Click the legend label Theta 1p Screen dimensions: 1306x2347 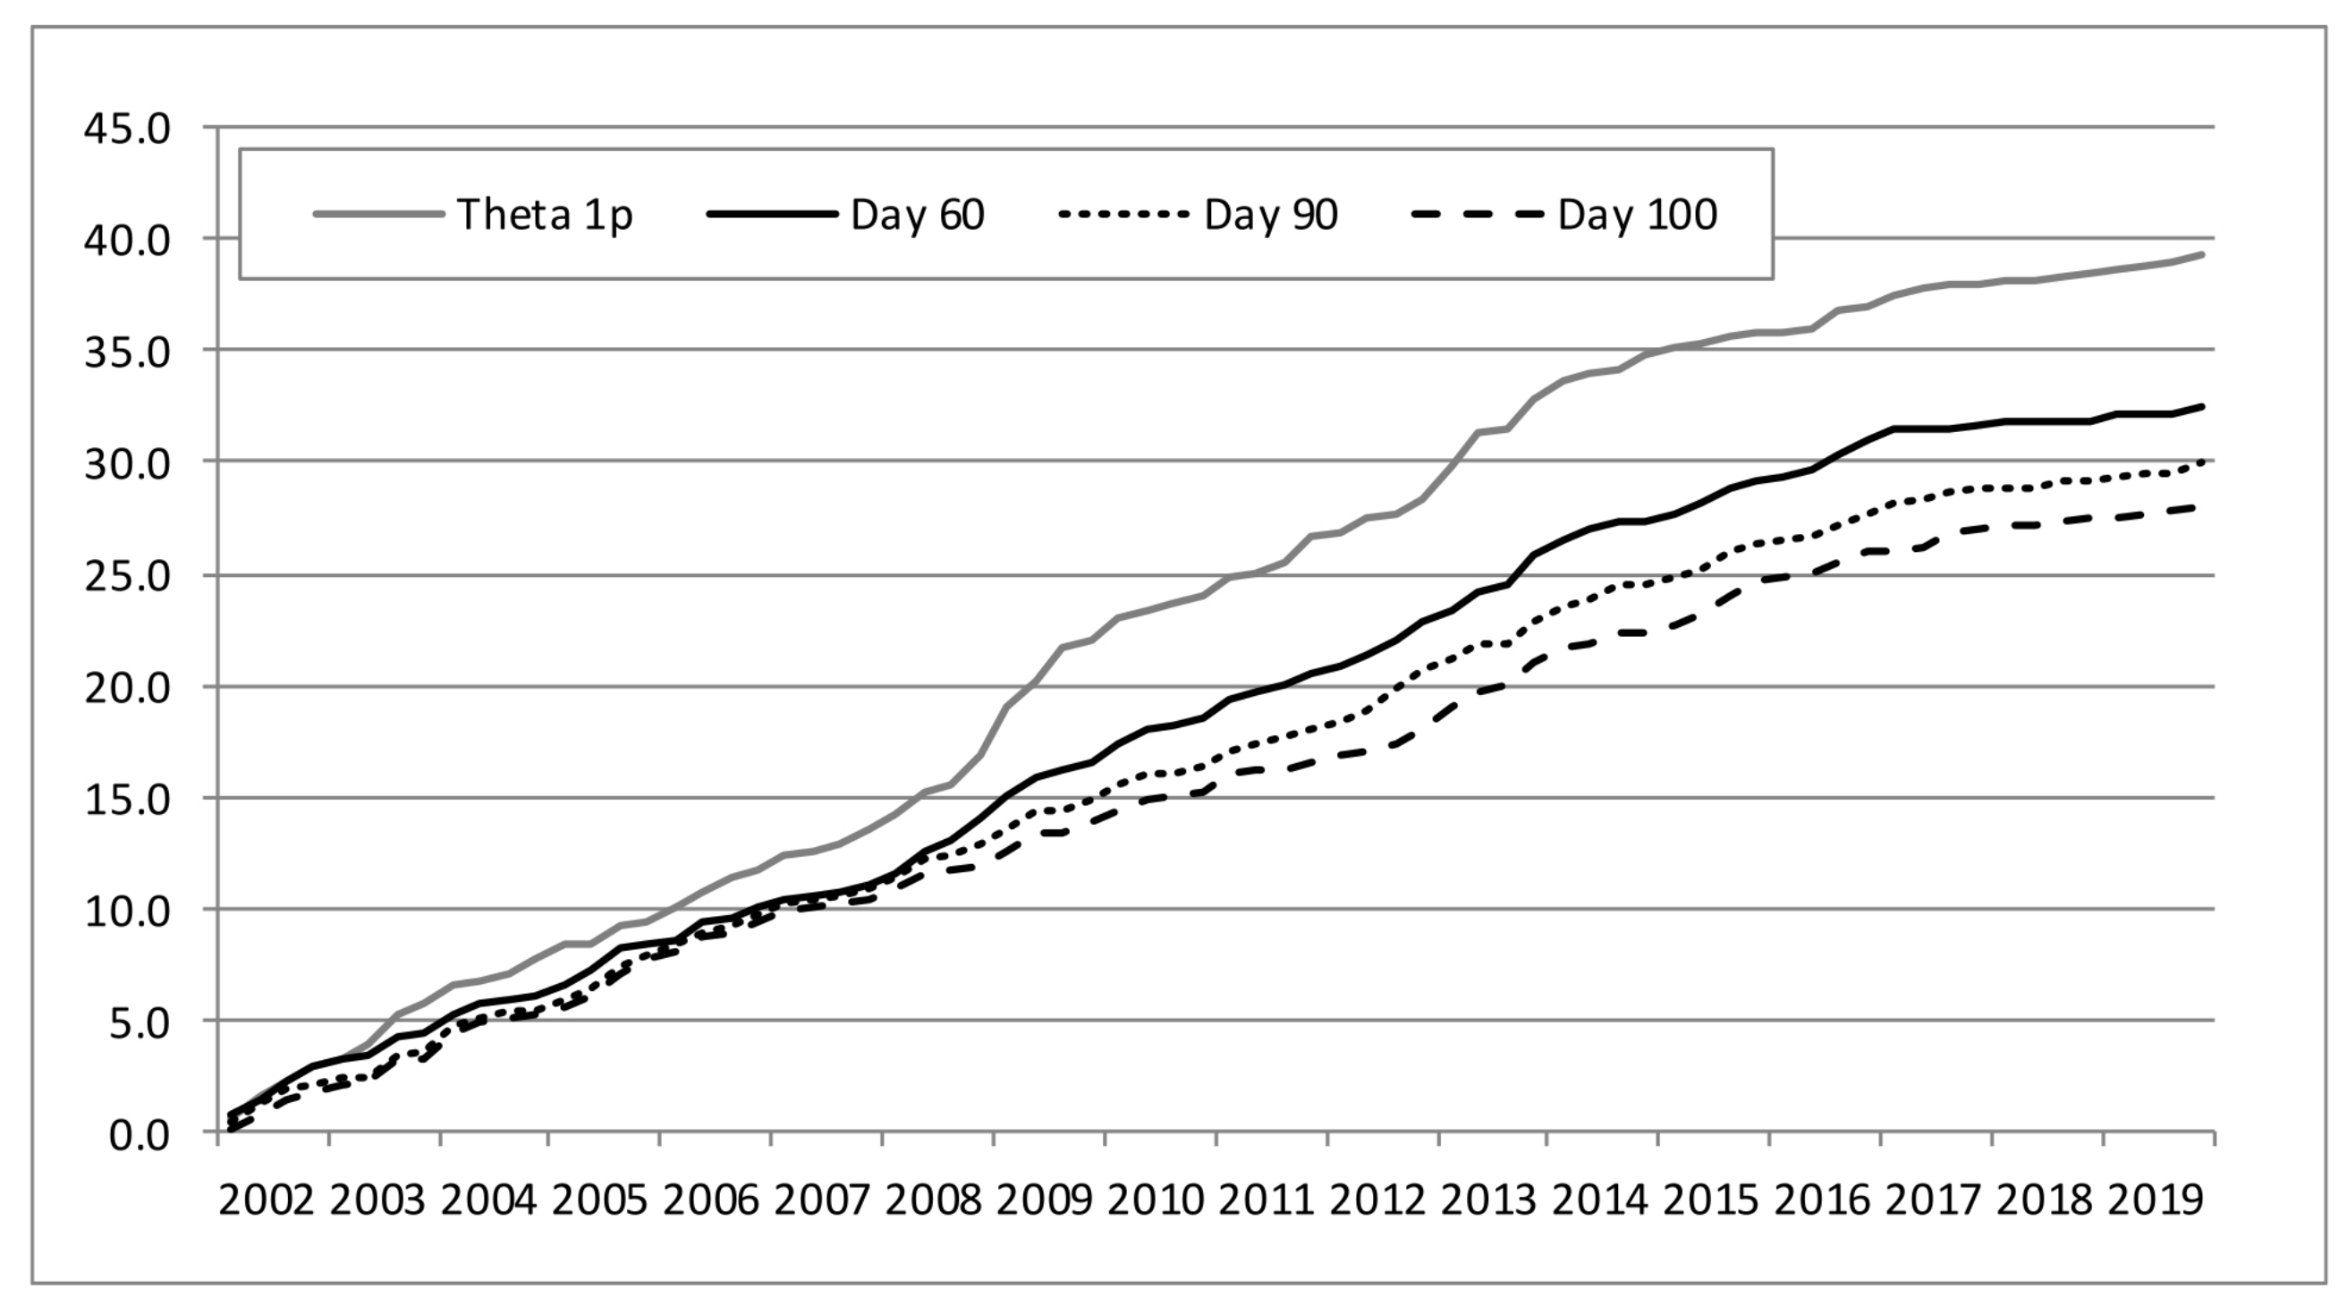coord(544,215)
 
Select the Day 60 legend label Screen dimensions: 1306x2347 coord(917,215)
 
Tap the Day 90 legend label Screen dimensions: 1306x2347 coord(1270,215)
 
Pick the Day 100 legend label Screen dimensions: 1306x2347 coord(1636,215)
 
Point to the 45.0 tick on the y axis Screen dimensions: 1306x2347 coord(128,129)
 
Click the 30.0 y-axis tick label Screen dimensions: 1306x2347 coord(128,464)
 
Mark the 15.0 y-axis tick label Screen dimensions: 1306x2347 coord(128,800)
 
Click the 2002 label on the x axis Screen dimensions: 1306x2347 coord(266,1200)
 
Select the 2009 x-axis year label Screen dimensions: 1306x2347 coord(1044,1200)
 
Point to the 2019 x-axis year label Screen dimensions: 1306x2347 coord(2156,1200)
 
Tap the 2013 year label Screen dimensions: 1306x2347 coord(1488,1200)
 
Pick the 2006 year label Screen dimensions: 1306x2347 coord(711,1200)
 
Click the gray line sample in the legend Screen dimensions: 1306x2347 coord(378,215)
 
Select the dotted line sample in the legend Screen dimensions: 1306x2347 coord(1123,215)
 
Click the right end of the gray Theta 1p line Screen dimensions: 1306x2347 coord(2202,254)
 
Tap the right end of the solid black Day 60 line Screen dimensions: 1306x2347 coord(2202,406)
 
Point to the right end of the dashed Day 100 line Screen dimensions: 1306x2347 coord(2198,507)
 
